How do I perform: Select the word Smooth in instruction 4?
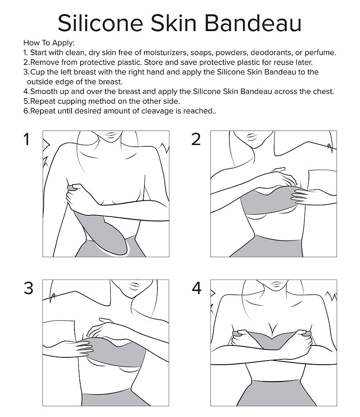pos(44,91)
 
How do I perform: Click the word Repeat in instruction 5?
pos(42,101)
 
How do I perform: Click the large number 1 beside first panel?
pos(27,140)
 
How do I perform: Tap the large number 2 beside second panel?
pos(196,140)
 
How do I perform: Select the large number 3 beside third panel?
pos(28,288)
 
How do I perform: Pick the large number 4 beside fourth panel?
pos(196,289)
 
